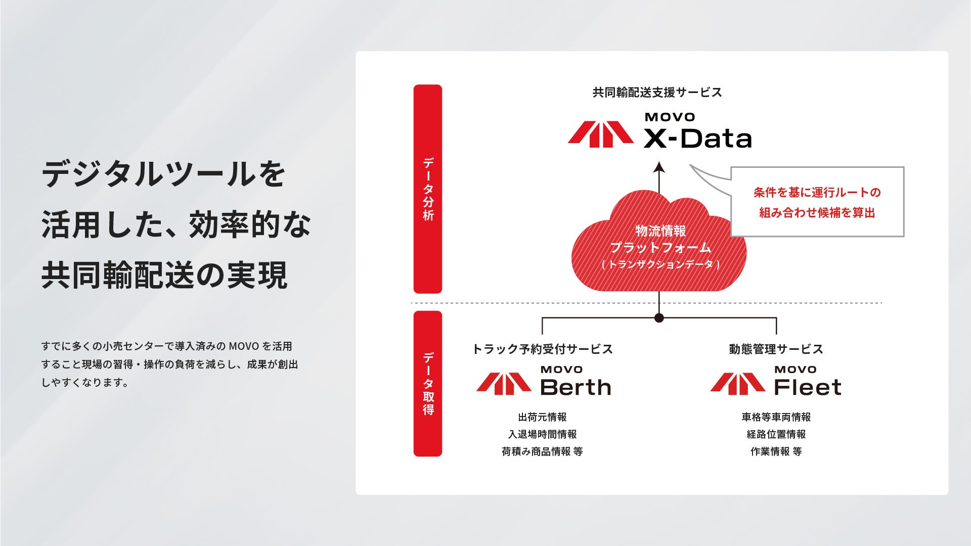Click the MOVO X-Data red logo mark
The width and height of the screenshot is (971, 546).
pyautogui.click(x=600, y=134)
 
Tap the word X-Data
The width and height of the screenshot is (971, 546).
pyautogui.click(x=697, y=139)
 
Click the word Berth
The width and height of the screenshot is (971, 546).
pyautogui.click(x=576, y=388)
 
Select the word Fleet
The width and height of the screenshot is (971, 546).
pyautogui.click(x=807, y=388)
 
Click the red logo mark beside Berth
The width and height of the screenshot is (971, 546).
pyautogui.click(x=504, y=384)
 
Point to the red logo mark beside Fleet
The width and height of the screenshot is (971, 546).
pyautogui.click(x=737, y=384)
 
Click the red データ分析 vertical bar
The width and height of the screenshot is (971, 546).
pyautogui.click(x=428, y=189)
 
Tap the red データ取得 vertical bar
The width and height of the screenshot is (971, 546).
pyautogui.click(x=428, y=384)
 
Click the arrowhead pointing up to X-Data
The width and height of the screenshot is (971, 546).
pyautogui.click(x=658, y=168)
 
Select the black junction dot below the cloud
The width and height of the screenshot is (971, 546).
pyautogui.click(x=659, y=318)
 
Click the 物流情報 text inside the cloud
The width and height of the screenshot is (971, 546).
pyautogui.click(x=660, y=231)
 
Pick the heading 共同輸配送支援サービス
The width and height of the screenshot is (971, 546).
pyautogui.click(x=657, y=93)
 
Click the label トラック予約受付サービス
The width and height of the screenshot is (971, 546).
pyautogui.click(x=542, y=349)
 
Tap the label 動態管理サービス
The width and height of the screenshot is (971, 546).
pyautogui.click(x=776, y=349)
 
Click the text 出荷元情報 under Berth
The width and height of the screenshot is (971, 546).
pyautogui.click(x=542, y=417)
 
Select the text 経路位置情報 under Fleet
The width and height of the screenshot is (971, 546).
pyautogui.click(x=776, y=434)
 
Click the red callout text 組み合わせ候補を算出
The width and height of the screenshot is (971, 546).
pyautogui.click(x=817, y=213)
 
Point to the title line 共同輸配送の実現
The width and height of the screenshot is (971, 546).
pyautogui.click(x=164, y=275)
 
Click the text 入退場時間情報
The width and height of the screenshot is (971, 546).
pyautogui.click(x=542, y=434)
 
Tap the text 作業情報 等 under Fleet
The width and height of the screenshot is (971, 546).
pyautogui.click(x=776, y=451)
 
